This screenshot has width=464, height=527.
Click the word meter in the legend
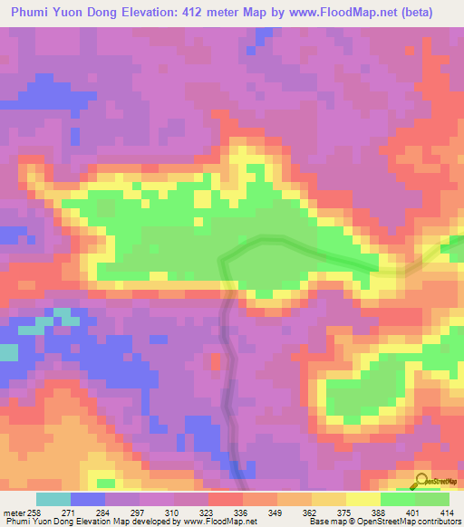pyautogui.click(x=14, y=512)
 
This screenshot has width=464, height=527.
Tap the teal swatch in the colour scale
pyautogui.click(x=53, y=499)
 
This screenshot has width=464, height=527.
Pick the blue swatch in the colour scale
pyautogui.click(x=88, y=499)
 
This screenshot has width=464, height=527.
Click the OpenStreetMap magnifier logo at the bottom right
pyautogui.click(x=423, y=481)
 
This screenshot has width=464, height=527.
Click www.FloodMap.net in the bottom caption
pyautogui.click(x=221, y=522)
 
